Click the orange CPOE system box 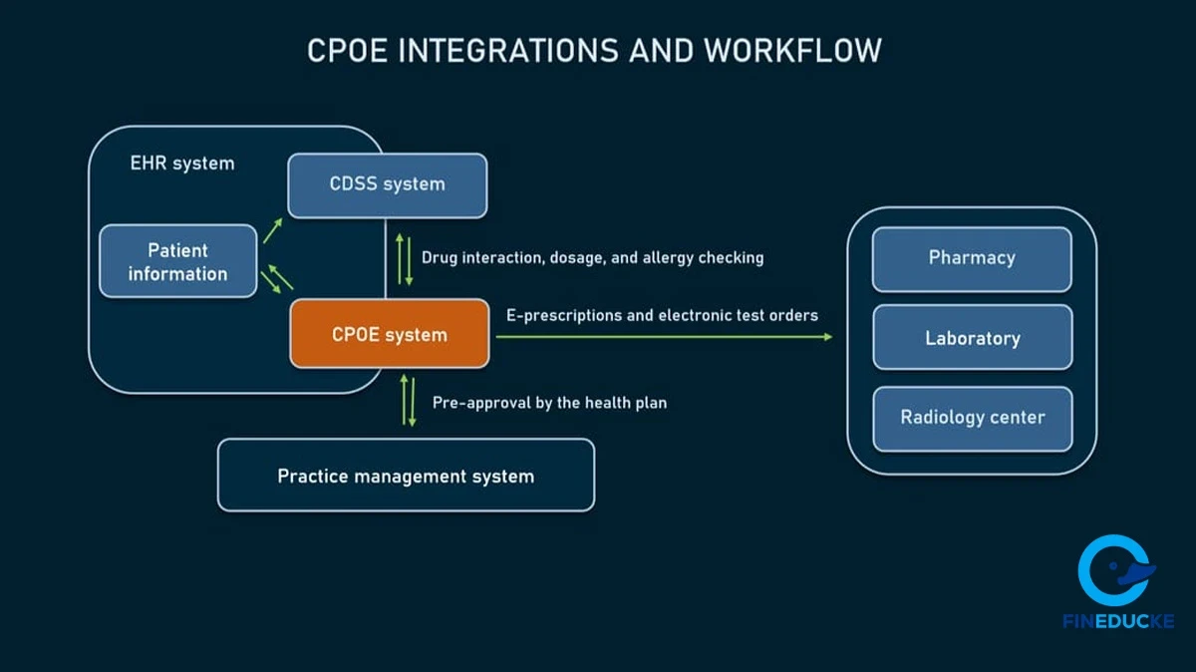click(389, 334)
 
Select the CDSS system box click(387, 184)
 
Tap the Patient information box click(177, 261)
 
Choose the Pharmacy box click(972, 258)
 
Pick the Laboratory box click(972, 338)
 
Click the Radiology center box click(972, 418)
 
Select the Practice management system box click(406, 476)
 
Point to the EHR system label click(182, 164)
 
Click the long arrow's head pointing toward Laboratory click(826, 337)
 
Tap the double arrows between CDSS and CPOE click(405, 258)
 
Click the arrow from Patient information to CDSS click(272, 232)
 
